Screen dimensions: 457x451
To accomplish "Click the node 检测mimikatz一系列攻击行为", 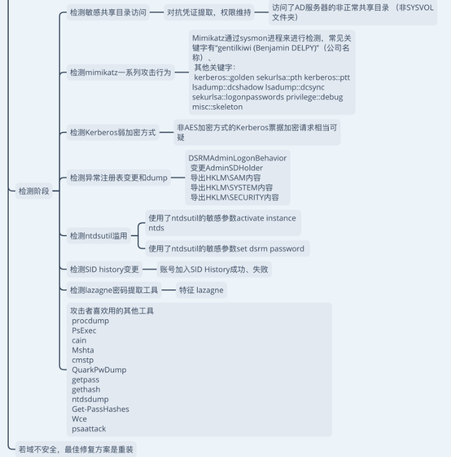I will coord(120,72).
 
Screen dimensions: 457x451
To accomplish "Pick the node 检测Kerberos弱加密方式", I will coord(112,132).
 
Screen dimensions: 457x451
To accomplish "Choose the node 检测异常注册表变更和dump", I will coord(119,178).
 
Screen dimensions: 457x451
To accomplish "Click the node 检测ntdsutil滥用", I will coord(98,236).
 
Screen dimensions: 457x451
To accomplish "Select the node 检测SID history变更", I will coord(104,269).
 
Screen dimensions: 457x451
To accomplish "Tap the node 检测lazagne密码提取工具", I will coord(114,290).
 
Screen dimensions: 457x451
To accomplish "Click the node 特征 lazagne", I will coord(201,290).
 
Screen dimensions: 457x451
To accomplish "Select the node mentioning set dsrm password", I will coord(226,249).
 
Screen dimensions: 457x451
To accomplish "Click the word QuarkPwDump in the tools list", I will coord(99,370).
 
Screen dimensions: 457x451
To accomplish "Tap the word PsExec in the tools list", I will coord(84,330).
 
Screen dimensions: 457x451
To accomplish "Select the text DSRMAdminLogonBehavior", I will coord(238,158).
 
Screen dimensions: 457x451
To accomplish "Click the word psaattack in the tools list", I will coord(89,429).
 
